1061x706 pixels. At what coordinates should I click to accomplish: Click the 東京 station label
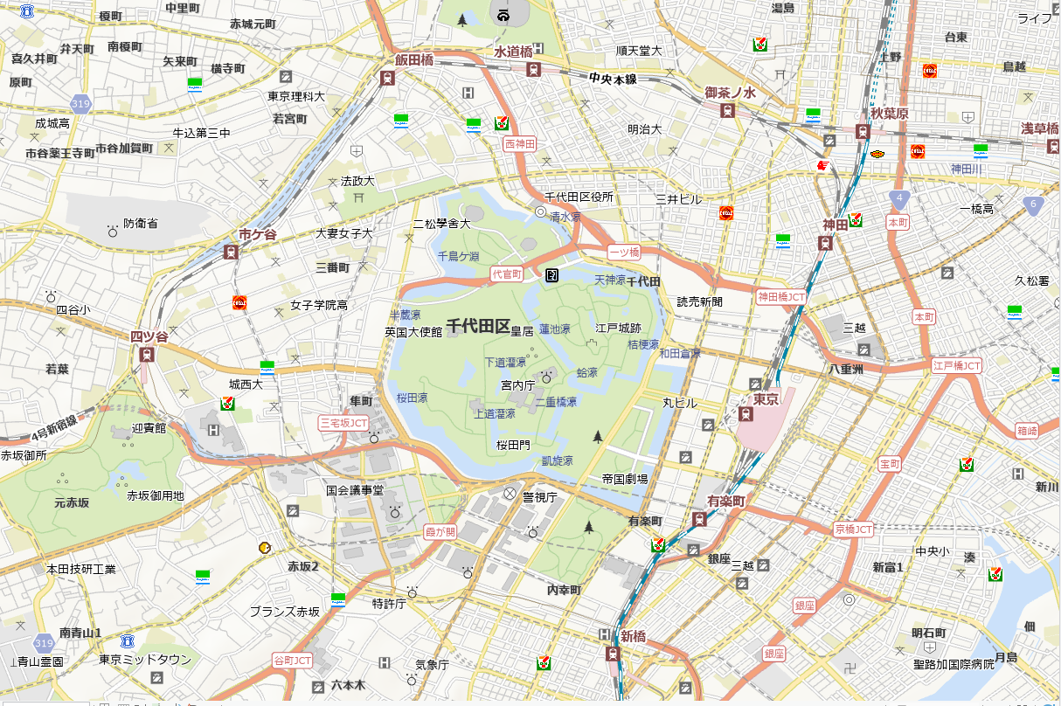pyautogui.click(x=766, y=399)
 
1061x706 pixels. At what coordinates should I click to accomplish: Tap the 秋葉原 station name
pyautogui.click(x=889, y=114)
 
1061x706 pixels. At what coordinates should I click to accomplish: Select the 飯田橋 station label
pyautogui.click(x=413, y=60)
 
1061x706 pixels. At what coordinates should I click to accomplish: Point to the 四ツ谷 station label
pyautogui.click(x=148, y=336)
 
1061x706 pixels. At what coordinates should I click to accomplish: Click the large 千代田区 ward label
pyautogui.click(x=478, y=326)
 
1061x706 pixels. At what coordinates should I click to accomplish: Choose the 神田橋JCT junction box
pyautogui.click(x=781, y=297)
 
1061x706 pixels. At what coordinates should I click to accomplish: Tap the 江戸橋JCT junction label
pyautogui.click(x=957, y=365)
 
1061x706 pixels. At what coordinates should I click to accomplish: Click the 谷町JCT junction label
pyautogui.click(x=292, y=660)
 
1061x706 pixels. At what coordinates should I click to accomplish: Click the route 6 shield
pyautogui.click(x=1032, y=204)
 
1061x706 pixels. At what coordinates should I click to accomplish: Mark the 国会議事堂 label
pyautogui.click(x=355, y=491)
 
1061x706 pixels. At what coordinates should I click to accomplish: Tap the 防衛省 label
pyautogui.click(x=141, y=224)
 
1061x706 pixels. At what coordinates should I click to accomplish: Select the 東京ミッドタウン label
pyautogui.click(x=145, y=660)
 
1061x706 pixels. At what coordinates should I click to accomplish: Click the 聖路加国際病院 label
pyautogui.click(x=954, y=664)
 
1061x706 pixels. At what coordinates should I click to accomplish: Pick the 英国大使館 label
pyautogui.click(x=413, y=332)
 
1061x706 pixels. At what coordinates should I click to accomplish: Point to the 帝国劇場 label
pyautogui.click(x=625, y=479)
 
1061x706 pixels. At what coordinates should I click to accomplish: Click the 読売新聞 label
pyautogui.click(x=700, y=302)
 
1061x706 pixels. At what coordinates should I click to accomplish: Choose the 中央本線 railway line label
pyautogui.click(x=613, y=79)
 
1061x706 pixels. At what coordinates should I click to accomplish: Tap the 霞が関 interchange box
pyautogui.click(x=440, y=531)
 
